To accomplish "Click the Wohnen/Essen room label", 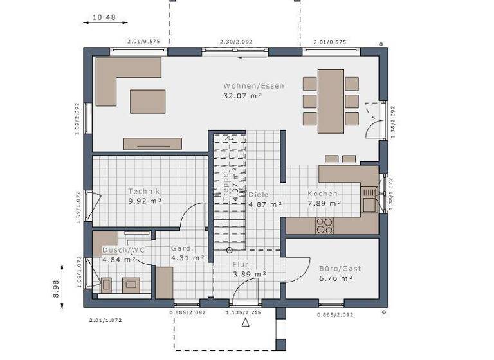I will pyautogui.click(x=253, y=85).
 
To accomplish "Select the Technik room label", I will pyautogui.click(x=143, y=191).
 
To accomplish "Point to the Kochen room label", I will pyautogui.click(x=322, y=194).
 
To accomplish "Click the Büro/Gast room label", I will pyautogui.click(x=336, y=268).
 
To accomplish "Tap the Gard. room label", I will pyautogui.click(x=183, y=248).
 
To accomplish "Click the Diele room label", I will pyautogui.click(x=259, y=194).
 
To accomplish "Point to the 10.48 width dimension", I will pyautogui.click(x=104, y=17).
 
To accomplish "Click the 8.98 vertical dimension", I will pyautogui.click(x=57, y=287).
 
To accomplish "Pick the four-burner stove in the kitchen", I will pyautogui.click(x=325, y=225).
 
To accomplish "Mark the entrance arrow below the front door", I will pyautogui.click(x=245, y=322).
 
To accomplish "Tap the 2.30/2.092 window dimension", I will pyautogui.click(x=236, y=42).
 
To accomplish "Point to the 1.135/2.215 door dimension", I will pyautogui.click(x=242, y=312).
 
